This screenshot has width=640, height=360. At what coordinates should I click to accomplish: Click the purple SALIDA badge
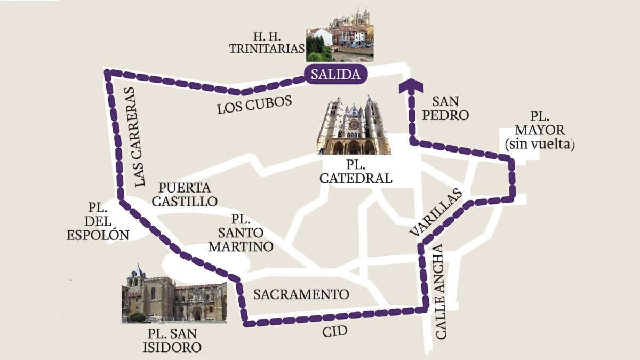point(335,75)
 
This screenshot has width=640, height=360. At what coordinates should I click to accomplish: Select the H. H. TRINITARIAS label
point(267,42)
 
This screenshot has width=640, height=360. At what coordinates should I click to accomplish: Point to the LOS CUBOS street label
point(254,105)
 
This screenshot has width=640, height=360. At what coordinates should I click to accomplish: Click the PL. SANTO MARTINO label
point(241,233)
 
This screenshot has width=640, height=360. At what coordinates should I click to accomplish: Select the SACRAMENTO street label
point(301,294)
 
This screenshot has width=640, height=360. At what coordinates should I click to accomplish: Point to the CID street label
point(334,332)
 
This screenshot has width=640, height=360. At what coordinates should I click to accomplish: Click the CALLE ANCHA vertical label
point(442,292)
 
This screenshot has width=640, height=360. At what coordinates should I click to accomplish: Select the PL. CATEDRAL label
point(356,171)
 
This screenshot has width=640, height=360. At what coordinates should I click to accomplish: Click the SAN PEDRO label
point(450,108)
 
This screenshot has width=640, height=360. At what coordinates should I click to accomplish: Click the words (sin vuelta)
point(539,144)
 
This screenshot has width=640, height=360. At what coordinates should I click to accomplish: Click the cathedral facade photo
point(354,125)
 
